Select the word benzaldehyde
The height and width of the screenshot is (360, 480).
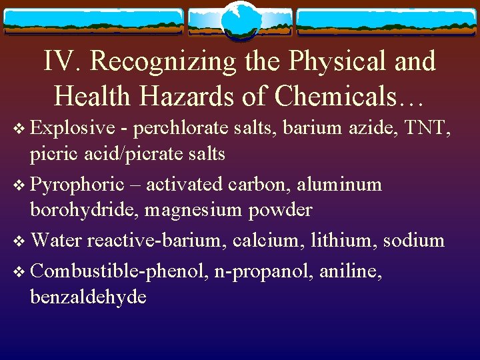click(x=88, y=297)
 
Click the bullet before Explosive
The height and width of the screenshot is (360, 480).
click(x=19, y=127)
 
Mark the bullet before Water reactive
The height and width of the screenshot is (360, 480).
click(x=19, y=241)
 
